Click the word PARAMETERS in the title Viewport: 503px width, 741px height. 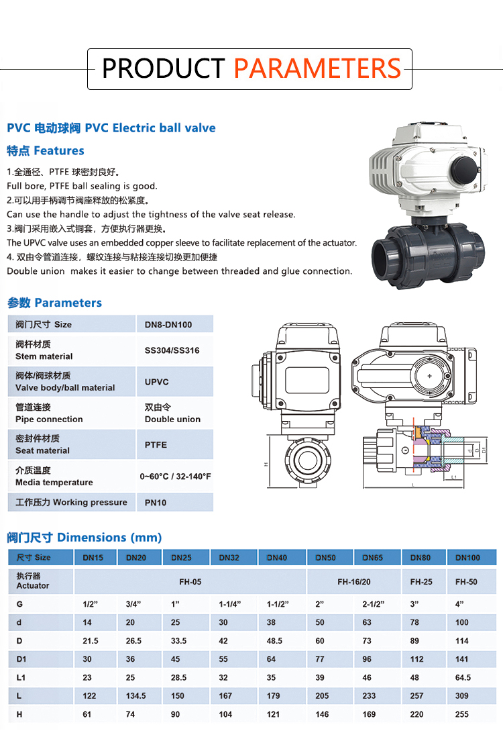317,68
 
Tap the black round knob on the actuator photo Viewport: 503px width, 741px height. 465,170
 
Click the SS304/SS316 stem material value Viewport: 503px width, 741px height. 172,350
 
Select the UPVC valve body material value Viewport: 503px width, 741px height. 157,382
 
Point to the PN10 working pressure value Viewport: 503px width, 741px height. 156,503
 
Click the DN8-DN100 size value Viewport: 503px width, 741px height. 168,325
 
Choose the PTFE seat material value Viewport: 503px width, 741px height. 156,445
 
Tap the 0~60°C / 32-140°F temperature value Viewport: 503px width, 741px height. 175,477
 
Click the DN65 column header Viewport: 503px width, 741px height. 373,558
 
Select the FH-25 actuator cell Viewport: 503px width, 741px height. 421,582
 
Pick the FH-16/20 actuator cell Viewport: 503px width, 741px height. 353,582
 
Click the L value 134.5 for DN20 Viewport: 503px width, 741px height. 135,695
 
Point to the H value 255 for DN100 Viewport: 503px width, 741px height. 462,714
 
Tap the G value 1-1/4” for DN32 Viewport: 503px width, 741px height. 230,604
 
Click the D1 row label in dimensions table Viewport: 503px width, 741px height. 21,658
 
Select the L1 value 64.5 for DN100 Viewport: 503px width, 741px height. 463,677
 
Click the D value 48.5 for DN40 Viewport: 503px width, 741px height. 274,641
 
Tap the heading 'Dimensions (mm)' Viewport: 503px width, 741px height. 109,538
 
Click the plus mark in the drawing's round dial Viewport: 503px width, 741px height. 429,376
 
